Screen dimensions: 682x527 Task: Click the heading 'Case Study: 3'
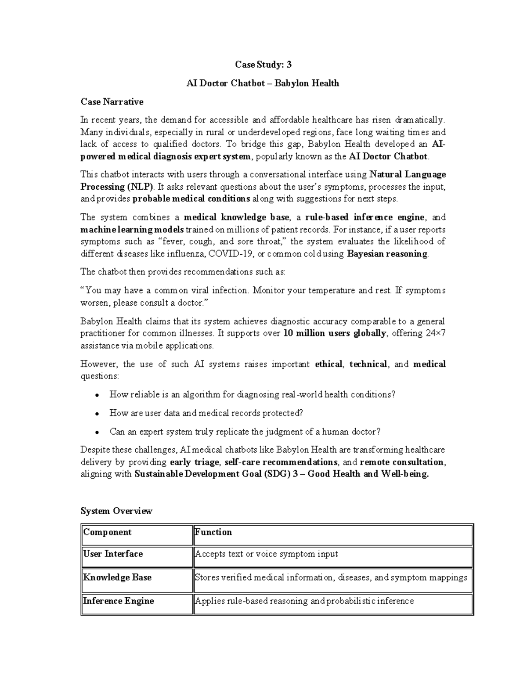[263, 65]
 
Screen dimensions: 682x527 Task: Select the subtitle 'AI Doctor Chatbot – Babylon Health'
[263, 83]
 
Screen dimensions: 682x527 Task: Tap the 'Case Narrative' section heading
[112, 102]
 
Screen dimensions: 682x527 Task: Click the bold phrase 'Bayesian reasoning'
[387, 254]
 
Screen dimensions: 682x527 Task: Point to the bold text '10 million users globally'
[335, 333]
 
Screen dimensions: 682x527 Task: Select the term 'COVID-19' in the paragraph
[231, 254]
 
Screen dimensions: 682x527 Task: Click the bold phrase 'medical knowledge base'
[236, 217]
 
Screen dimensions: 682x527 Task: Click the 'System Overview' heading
[116, 511]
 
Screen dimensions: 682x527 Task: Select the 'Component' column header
[108, 532]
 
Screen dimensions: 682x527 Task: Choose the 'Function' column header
[213, 532]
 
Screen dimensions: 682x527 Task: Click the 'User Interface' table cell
[113, 554]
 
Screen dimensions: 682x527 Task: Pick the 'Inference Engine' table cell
[119, 601]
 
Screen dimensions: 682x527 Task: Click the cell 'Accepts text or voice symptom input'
[267, 554]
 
